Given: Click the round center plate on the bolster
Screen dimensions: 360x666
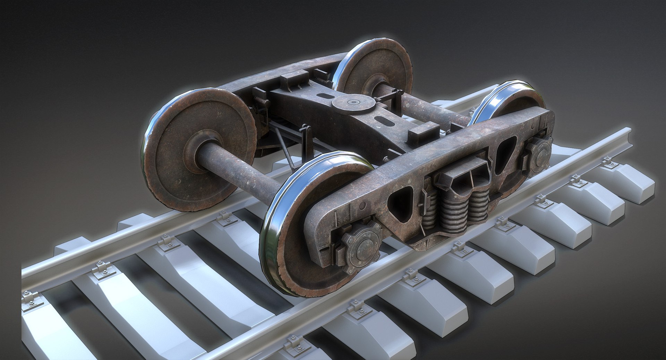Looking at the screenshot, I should coord(353,102).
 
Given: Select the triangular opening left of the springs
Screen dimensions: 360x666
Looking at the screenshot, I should coord(401,204).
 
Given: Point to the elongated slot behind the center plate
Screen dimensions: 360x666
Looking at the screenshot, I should coord(325,96).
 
